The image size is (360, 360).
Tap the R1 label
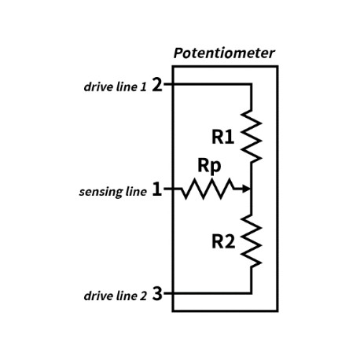(x=223, y=137)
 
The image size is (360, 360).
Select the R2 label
(x=223, y=241)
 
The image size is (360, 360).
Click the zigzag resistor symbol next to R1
(x=252, y=134)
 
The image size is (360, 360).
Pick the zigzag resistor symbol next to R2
(x=252, y=241)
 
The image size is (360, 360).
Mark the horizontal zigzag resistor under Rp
(x=208, y=189)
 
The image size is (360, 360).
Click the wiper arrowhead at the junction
(x=247, y=189)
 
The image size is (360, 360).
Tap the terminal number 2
(x=157, y=84)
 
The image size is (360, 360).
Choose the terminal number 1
(x=157, y=189)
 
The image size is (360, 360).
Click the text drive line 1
(x=115, y=86)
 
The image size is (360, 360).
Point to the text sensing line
(x=113, y=192)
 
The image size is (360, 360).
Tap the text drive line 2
(x=115, y=296)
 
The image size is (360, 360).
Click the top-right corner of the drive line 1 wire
(x=252, y=83)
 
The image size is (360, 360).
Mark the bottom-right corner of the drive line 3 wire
(x=252, y=293)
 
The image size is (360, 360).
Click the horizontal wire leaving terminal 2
(x=208, y=83)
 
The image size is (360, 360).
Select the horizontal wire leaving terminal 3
(x=208, y=293)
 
